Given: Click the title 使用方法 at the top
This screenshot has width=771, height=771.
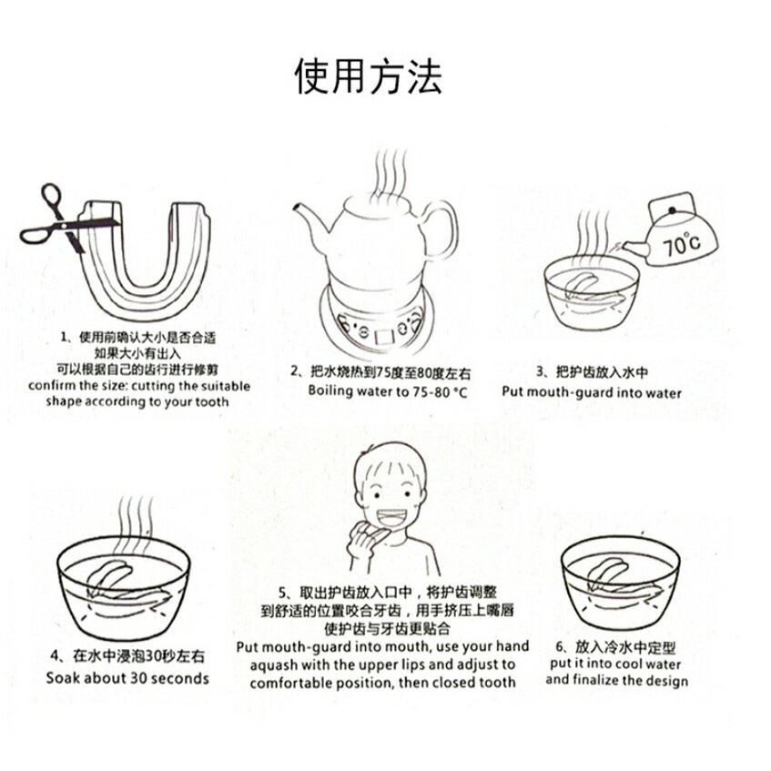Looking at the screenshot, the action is (x=368, y=76).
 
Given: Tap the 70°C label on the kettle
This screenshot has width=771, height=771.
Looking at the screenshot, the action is (x=682, y=243).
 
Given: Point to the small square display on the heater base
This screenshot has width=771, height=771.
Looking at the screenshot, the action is (x=384, y=336).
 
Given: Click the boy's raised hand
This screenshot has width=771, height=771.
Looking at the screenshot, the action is (x=363, y=543).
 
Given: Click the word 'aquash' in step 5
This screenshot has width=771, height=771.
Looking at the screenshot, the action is (x=273, y=665).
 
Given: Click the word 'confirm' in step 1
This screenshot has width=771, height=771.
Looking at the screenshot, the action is (x=46, y=386).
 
